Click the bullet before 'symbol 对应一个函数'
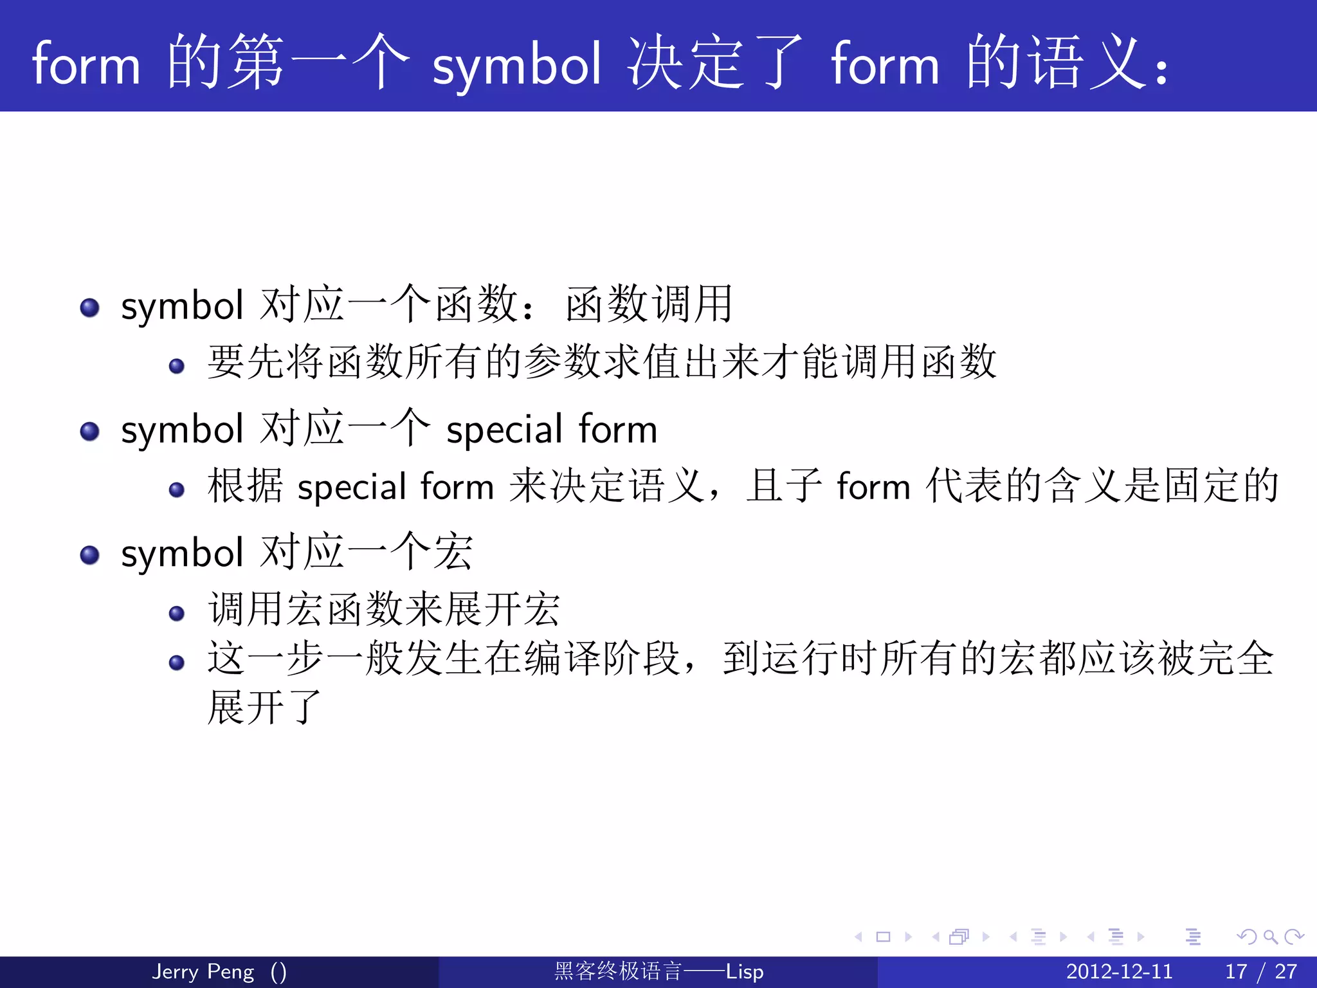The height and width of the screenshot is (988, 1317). tap(90, 307)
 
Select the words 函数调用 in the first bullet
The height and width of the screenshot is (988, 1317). tap(649, 304)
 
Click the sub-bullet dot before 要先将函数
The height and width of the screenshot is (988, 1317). tap(177, 366)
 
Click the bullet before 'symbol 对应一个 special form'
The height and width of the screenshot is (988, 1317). tap(90, 431)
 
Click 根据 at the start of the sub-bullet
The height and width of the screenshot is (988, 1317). tap(245, 486)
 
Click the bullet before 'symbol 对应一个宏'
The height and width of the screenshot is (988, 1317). tap(90, 554)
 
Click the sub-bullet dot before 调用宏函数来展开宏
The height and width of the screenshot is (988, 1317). tap(177, 613)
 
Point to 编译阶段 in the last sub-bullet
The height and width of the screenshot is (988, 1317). tap(602, 659)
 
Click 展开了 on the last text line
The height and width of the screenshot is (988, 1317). tap(264, 708)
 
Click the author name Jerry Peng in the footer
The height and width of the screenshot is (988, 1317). tap(203, 971)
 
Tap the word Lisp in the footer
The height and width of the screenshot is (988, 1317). tap(745, 971)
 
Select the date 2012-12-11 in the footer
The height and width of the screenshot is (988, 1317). tap(1119, 971)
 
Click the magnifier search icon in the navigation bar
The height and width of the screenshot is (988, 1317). tap(1270, 937)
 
